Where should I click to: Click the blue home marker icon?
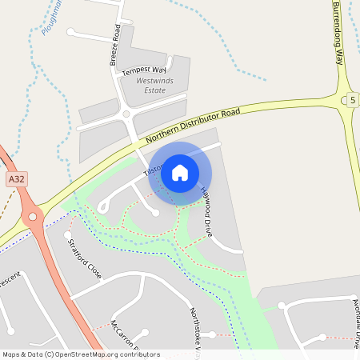click(180, 172)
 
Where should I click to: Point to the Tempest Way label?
click(144, 70)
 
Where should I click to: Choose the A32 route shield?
click(14, 180)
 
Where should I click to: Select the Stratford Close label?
click(85, 258)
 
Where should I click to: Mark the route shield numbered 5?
click(352, 100)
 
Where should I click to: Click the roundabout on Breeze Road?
click(125, 115)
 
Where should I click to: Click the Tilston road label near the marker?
click(152, 169)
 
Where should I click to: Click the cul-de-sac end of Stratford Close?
click(67, 236)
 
